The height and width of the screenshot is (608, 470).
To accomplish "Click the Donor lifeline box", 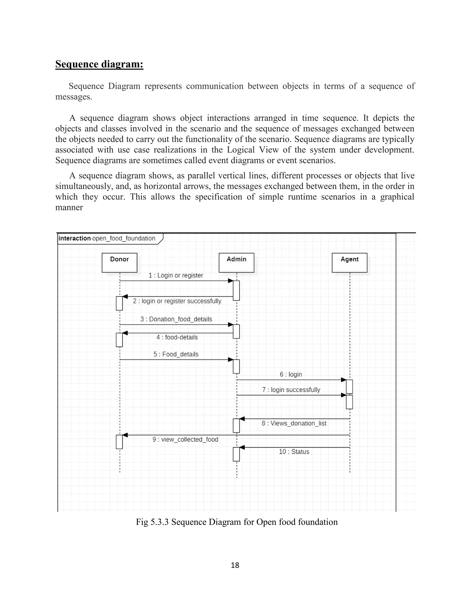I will click(119, 262).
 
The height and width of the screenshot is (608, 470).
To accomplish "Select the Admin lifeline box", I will click(236, 262).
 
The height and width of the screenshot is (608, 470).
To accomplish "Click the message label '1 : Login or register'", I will click(176, 275).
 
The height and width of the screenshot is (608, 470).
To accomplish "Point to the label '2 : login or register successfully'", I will click(177, 301).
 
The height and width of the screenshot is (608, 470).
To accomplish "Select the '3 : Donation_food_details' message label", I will click(176, 319).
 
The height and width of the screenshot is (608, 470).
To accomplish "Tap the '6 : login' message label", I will click(291, 374).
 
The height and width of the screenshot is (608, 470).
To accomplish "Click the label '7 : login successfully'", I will click(291, 390).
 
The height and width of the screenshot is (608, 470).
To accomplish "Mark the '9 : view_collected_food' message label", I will click(185, 439).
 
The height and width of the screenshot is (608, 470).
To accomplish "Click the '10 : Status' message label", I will click(294, 452).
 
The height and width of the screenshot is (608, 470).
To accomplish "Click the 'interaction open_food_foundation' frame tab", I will click(107, 238).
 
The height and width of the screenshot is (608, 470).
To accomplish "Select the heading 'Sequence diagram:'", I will click(99, 64).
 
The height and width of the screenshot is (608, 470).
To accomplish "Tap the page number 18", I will click(235, 565).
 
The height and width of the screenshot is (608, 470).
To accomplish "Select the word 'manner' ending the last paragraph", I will click(69, 207).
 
